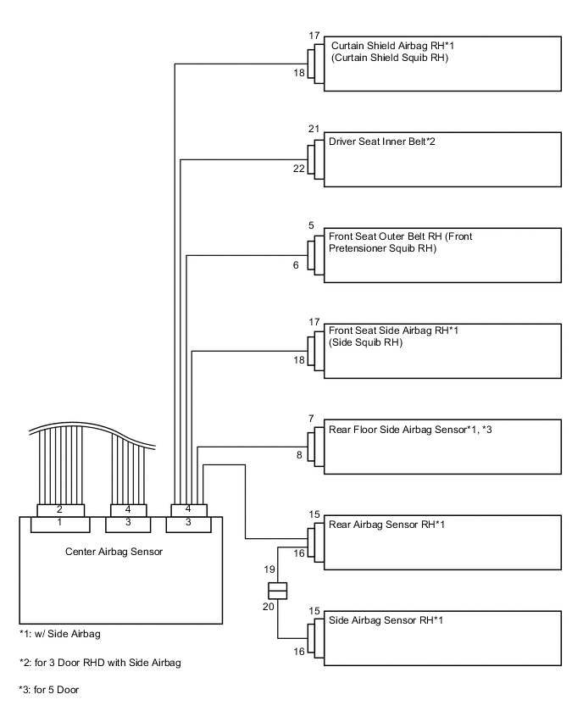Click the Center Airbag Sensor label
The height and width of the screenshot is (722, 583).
(114, 552)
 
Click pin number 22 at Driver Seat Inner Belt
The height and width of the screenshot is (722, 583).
(298, 169)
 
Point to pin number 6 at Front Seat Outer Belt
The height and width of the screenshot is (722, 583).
(296, 265)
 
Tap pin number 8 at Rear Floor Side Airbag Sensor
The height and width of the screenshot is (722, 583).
(297, 457)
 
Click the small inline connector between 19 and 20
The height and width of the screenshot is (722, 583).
(277, 589)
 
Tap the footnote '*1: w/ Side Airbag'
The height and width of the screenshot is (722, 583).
(61, 633)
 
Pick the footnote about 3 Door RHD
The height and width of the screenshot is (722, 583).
(100, 661)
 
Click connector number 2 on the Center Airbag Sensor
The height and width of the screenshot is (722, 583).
(59, 510)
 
